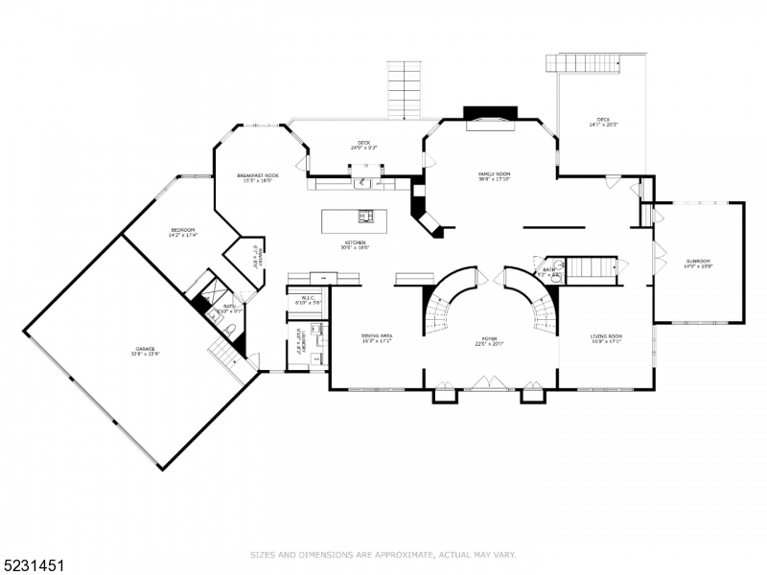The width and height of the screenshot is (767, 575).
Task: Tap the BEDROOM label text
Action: click(182, 231)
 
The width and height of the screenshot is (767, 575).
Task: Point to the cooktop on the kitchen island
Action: click(365, 216)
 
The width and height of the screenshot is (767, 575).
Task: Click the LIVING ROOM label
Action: click(606, 337)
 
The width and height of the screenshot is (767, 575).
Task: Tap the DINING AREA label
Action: click(377, 337)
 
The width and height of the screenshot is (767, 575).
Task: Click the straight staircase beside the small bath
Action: click(591, 267)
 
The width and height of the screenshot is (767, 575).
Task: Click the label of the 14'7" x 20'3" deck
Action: click(603, 122)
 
